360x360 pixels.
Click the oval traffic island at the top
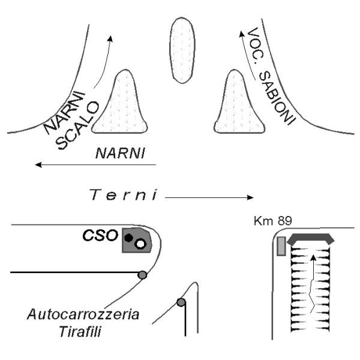(x=182, y=50)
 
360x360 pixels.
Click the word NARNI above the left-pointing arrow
(x=120, y=153)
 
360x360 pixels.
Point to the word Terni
(x=123, y=194)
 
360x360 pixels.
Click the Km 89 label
(x=273, y=221)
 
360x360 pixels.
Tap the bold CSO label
(x=100, y=236)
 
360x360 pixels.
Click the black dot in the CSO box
(x=128, y=238)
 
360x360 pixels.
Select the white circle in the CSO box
(x=140, y=244)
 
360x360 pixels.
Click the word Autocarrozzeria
(x=83, y=314)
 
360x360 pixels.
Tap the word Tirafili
(x=80, y=332)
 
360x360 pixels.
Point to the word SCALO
(x=77, y=125)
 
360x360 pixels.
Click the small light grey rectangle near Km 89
(x=281, y=246)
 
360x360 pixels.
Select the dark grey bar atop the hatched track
(x=311, y=239)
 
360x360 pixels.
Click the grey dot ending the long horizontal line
(x=142, y=275)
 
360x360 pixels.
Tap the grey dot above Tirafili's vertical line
(x=181, y=302)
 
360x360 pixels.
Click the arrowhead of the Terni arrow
(x=250, y=197)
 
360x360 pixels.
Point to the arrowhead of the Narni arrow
(x=38, y=164)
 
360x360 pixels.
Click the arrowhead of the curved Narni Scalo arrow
(x=110, y=38)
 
